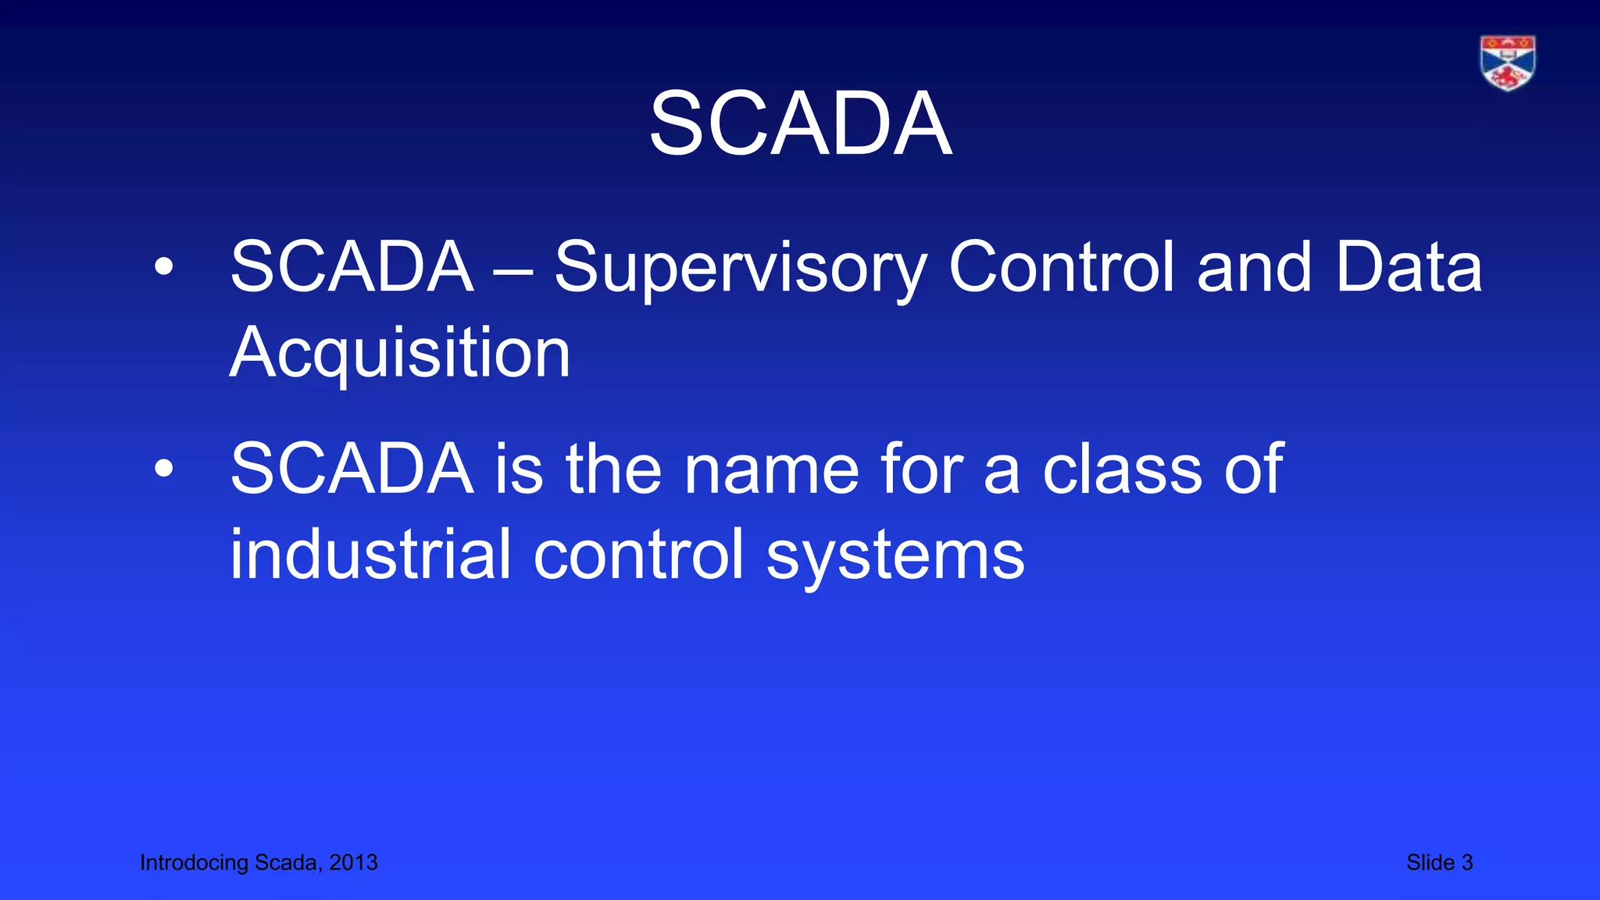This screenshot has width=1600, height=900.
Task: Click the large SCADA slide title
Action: tap(800, 123)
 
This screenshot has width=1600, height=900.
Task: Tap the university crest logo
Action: tap(1507, 62)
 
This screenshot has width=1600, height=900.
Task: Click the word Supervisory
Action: tap(740, 268)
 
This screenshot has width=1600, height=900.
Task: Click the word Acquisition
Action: tap(400, 353)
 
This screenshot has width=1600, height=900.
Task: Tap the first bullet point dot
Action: tap(164, 267)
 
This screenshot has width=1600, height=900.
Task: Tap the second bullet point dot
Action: tap(164, 469)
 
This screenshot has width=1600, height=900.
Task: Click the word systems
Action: tap(895, 556)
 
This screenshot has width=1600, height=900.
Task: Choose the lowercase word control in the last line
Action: tap(638, 554)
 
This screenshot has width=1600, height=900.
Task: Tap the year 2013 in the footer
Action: tap(353, 862)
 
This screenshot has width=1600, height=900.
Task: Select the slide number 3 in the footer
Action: tap(1466, 862)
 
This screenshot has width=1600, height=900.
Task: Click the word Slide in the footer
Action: tap(1430, 862)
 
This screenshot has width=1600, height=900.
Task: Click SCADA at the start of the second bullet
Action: tap(352, 470)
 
